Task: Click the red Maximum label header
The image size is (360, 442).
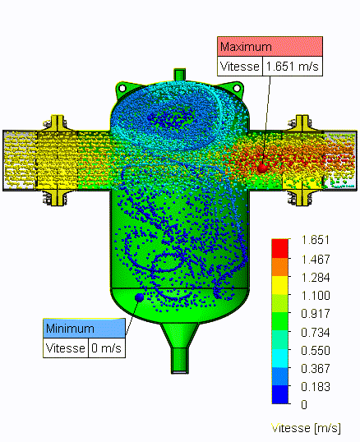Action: tap(270, 47)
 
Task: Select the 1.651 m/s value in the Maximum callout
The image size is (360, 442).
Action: tap(293, 67)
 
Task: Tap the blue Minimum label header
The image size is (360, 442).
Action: tap(84, 329)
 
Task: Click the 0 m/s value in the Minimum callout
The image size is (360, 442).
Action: tap(107, 348)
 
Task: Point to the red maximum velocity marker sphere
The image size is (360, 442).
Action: tap(262, 168)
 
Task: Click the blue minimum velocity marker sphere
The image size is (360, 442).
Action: tap(139, 297)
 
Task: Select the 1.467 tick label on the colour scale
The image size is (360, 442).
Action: tap(316, 260)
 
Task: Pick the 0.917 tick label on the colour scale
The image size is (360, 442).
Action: tap(316, 314)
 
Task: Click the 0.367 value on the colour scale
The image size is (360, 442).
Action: tap(316, 368)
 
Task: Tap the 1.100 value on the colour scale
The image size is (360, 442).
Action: tap(316, 296)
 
